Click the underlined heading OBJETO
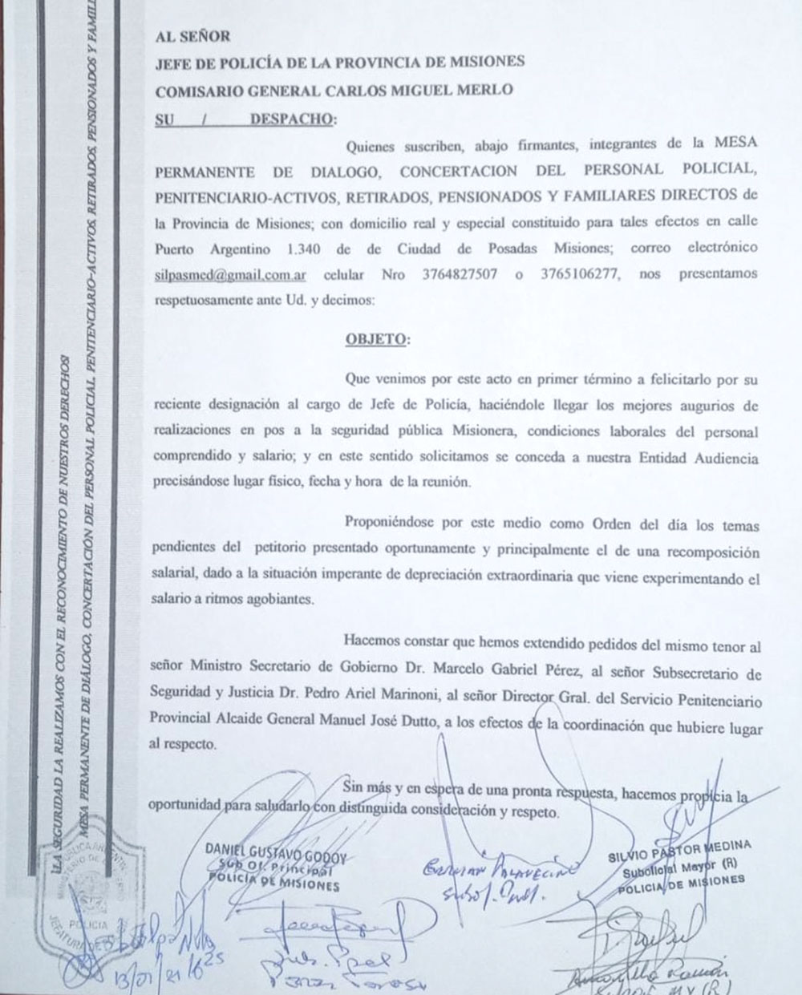coord(376,339)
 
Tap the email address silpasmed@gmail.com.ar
coord(230,274)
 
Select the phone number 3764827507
coord(460,274)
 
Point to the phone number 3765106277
coord(581,274)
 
